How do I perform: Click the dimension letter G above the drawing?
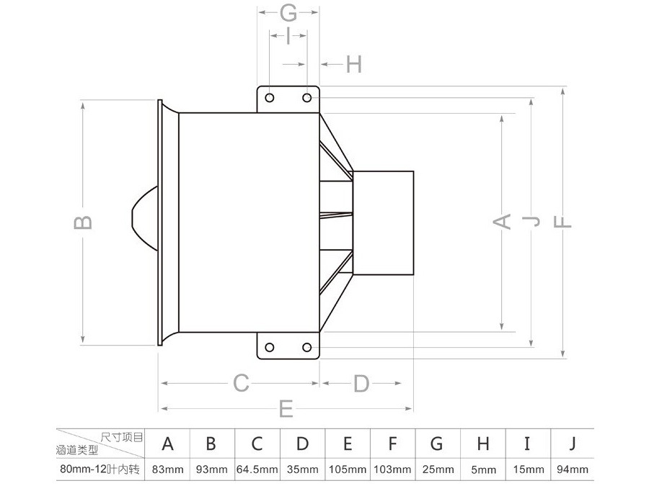pos(288,13)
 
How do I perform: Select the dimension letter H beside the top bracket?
pos(354,64)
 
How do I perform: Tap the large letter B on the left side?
pos(83,222)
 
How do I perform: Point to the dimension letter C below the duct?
pos(241,383)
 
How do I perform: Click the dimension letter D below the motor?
pos(361,384)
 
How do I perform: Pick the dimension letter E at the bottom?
pos(286,409)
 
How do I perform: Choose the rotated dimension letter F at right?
pos(562,222)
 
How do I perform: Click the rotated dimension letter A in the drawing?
pos(502,222)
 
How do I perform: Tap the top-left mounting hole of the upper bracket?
pos(270,98)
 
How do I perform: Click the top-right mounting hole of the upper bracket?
pos(307,98)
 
